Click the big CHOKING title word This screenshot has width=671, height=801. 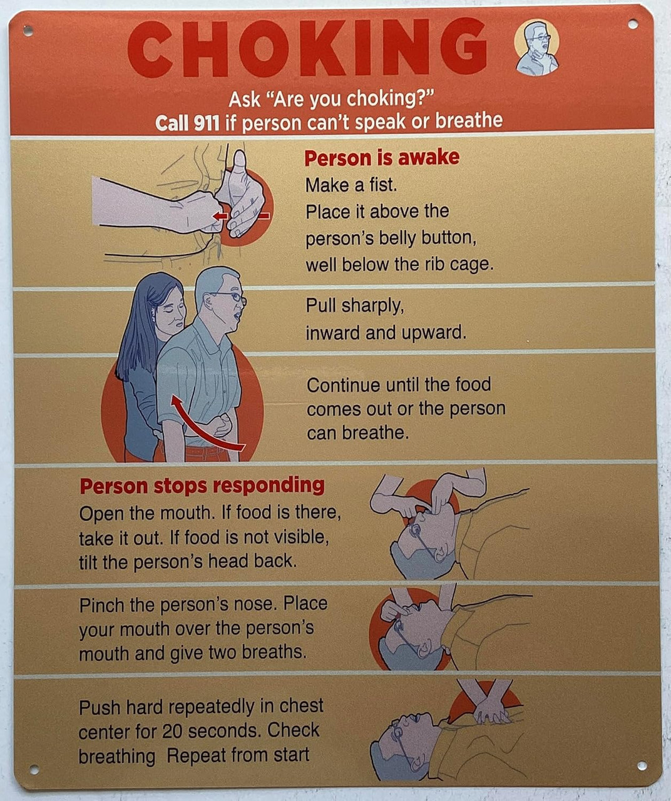307,48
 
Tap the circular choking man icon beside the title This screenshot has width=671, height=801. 536,48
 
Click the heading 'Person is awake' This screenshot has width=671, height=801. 381,157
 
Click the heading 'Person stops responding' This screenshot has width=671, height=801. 202,486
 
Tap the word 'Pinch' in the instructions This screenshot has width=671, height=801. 102,605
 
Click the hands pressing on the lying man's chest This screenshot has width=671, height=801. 492,707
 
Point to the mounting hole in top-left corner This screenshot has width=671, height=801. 28,29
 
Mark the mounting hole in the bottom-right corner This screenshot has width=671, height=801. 642,766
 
